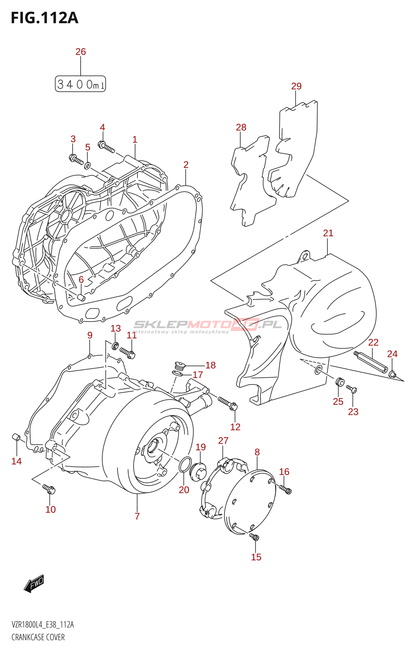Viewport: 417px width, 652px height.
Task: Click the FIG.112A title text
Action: (44, 18)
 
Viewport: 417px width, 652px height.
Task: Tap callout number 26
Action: (81, 52)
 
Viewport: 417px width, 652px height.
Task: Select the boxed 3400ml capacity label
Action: (80, 84)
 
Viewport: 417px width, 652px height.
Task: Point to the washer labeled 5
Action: (88, 165)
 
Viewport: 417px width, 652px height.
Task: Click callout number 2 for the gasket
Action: (186, 165)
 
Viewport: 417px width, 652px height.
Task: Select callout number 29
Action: (296, 86)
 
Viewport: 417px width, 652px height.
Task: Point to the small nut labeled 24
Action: (393, 374)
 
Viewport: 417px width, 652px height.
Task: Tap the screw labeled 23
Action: (352, 390)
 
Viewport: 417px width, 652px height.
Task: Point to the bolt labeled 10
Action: (49, 489)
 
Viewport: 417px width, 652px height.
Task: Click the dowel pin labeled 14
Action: (16, 437)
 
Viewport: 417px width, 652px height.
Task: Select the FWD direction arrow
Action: (34, 584)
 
